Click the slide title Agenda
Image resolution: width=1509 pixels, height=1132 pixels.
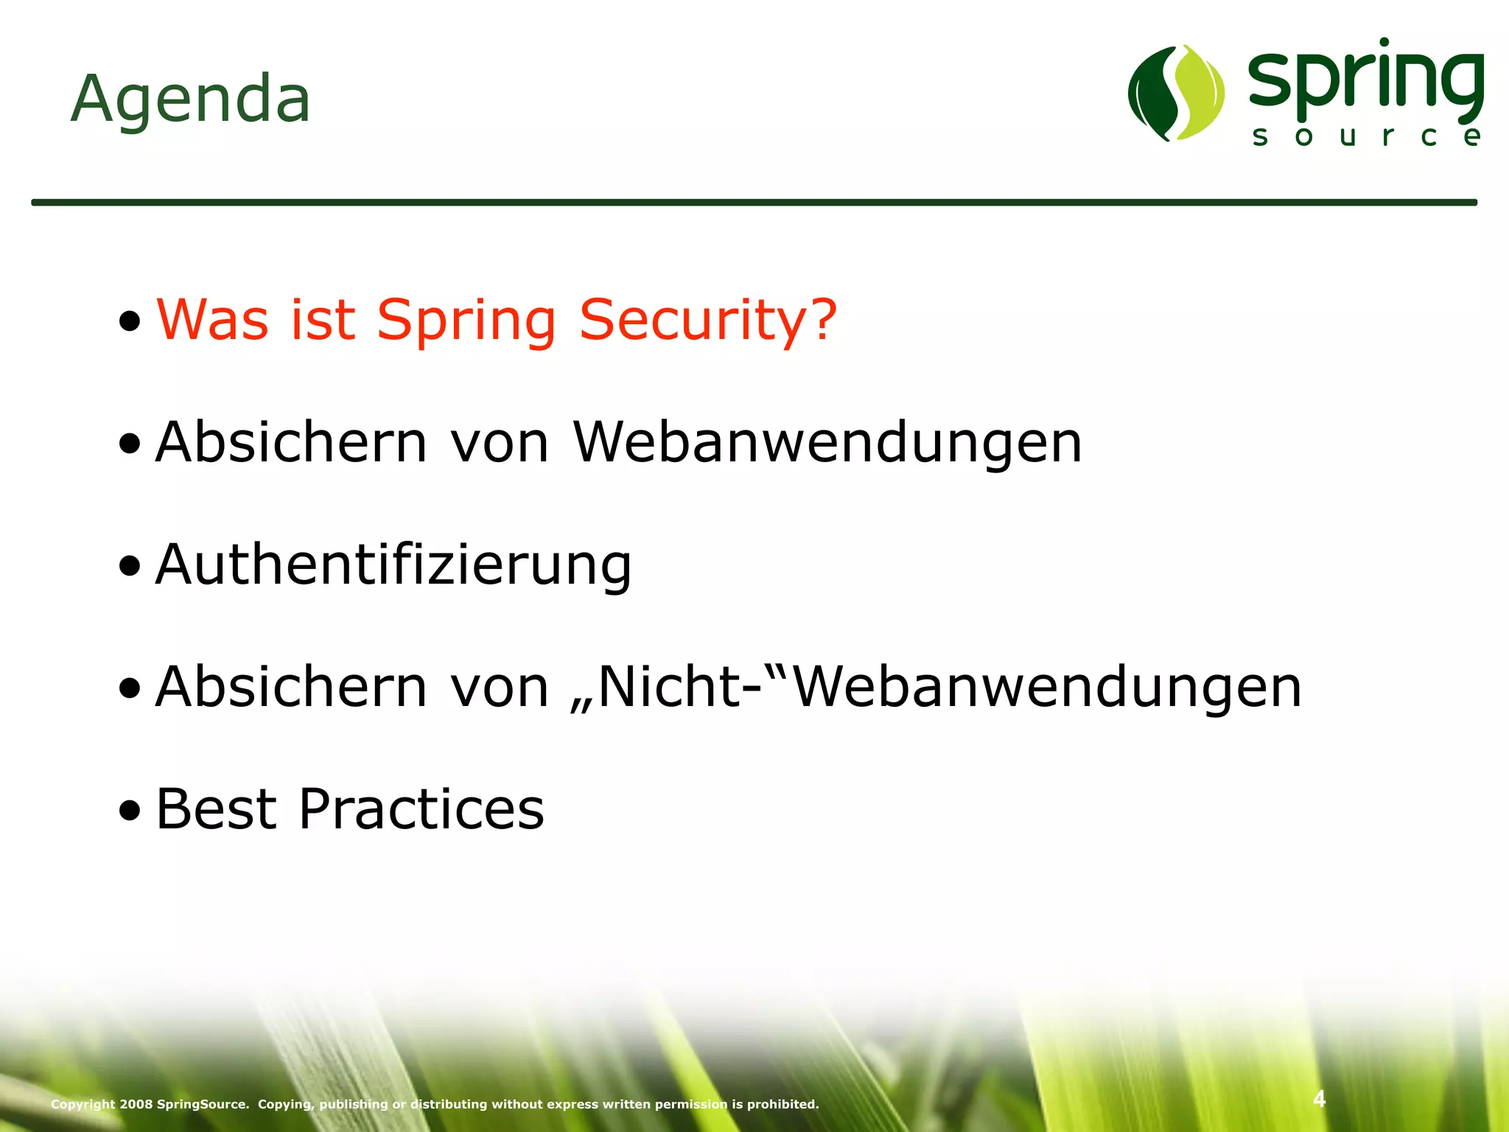click(x=190, y=99)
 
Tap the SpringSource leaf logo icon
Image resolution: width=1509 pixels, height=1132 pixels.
click(x=1176, y=93)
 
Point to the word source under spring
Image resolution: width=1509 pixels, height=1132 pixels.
click(x=1366, y=137)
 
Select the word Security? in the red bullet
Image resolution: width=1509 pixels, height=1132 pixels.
click(x=708, y=321)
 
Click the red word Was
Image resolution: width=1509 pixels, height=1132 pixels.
click(x=213, y=321)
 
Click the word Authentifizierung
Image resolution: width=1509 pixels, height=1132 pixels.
click(x=393, y=565)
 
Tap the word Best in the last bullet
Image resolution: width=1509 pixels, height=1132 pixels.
click(x=217, y=809)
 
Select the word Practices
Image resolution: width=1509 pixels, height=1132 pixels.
click(x=421, y=809)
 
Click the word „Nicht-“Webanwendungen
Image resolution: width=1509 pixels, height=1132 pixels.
click(x=936, y=687)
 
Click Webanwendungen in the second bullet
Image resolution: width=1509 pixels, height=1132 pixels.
click(x=827, y=443)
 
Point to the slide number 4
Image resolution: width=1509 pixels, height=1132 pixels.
click(x=1319, y=1099)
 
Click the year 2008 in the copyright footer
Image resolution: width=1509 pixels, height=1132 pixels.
click(x=136, y=1104)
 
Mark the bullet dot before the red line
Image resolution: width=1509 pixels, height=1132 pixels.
click(x=130, y=322)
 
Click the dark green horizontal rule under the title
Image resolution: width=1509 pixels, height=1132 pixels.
click(x=754, y=202)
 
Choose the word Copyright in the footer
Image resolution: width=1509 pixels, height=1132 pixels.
click(x=83, y=1104)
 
